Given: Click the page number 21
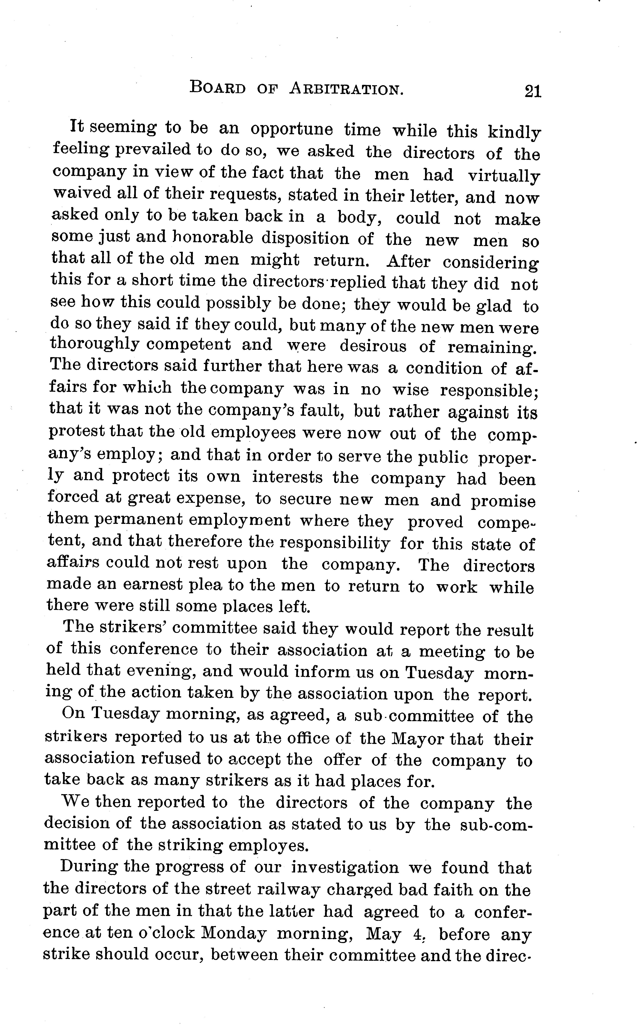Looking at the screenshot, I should click(x=532, y=91).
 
